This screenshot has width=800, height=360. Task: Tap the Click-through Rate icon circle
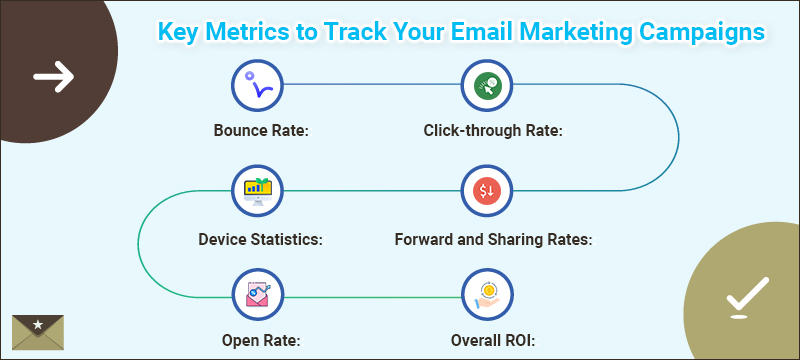(486, 86)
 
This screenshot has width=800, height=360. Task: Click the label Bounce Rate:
(259, 131)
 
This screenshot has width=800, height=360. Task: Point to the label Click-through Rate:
(487, 131)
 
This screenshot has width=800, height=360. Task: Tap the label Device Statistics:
(259, 240)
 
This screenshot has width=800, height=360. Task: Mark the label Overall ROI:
(487, 340)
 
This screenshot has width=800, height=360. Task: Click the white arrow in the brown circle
(53, 76)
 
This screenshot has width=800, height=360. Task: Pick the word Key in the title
(179, 31)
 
